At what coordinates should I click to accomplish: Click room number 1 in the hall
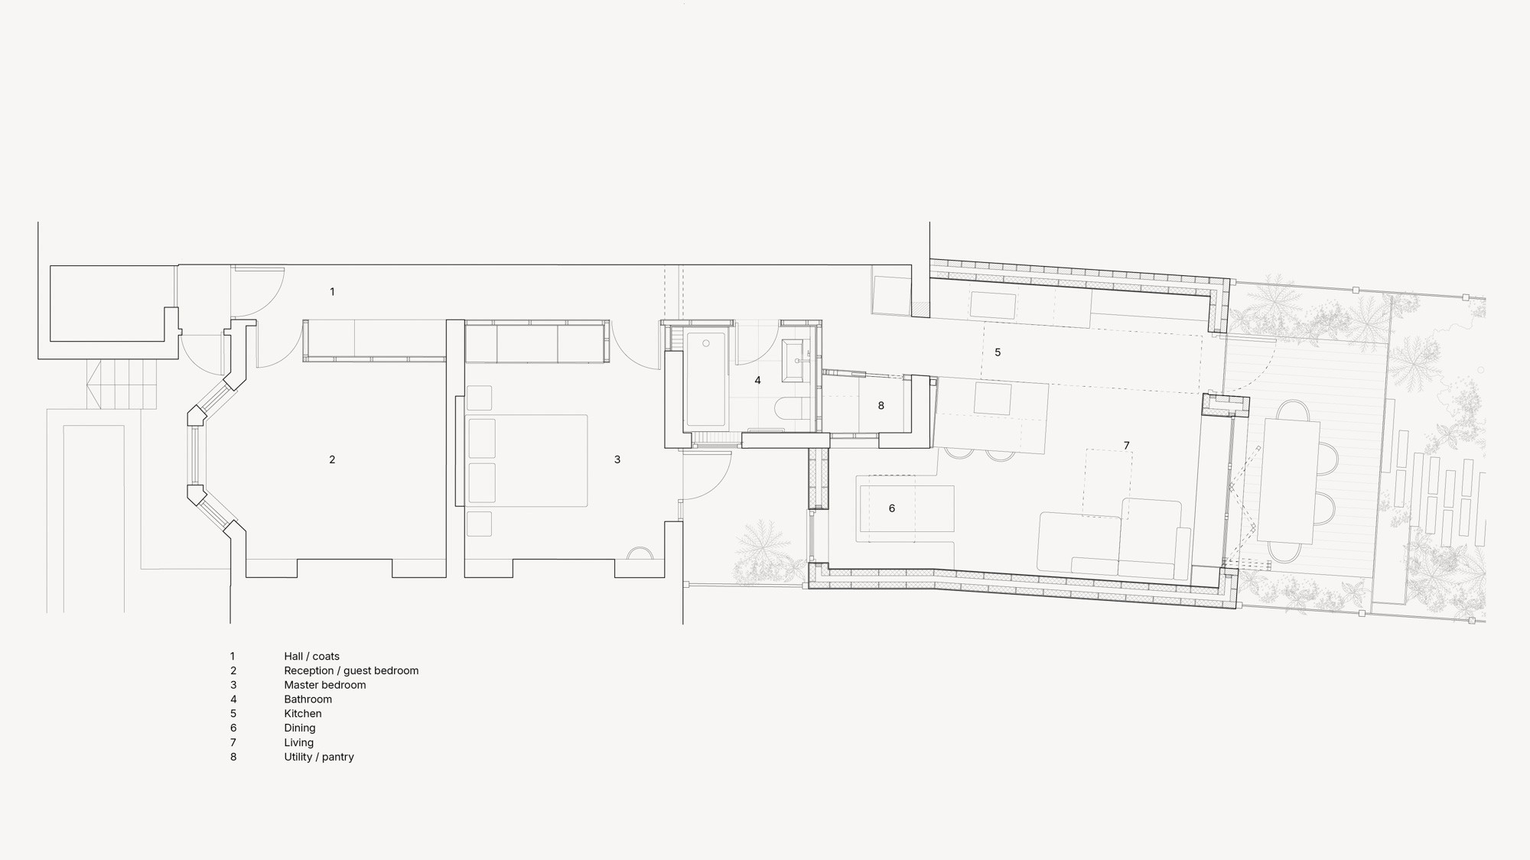point(332,291)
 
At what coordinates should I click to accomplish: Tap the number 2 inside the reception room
point(332,459)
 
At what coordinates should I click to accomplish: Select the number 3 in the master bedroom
point(617,459)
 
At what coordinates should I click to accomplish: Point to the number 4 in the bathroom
point(757,380)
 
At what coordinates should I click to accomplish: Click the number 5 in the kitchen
point(998,352)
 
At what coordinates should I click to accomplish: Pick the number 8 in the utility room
point(881,406)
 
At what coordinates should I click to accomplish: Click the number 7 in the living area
point(1126,446)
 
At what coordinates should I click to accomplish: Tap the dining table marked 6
point(907,508)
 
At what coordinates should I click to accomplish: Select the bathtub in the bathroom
point(705,379)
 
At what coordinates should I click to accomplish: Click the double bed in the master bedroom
point(526,461)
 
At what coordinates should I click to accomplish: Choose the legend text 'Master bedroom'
point(325,685)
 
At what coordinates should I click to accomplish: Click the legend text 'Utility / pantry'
point(319,757)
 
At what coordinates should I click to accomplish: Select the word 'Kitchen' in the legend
point(303,713)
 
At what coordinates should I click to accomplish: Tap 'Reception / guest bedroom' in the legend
point(351,670)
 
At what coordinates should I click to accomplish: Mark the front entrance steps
point(122,385)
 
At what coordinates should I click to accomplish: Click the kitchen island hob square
point(993,399)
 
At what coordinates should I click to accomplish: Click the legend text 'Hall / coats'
point(311,656)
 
